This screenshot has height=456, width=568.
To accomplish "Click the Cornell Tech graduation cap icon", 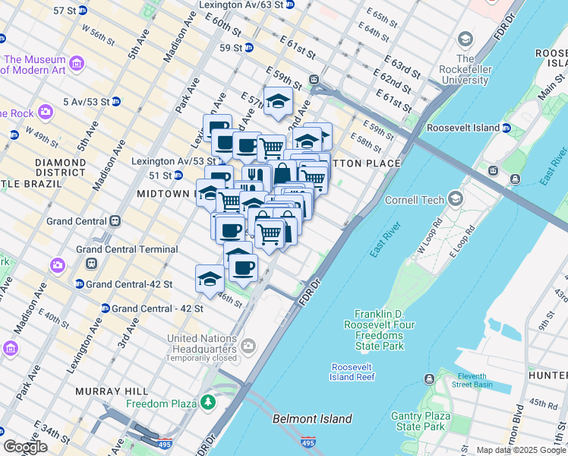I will point(456,199).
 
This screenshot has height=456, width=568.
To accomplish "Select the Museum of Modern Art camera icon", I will point(76,62).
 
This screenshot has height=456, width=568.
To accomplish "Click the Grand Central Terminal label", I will point(127,249).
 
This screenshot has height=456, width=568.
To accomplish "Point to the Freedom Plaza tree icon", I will point(207,402).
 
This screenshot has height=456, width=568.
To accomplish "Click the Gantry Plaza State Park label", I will point(418,421).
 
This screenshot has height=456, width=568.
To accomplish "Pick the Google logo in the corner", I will point(25,447).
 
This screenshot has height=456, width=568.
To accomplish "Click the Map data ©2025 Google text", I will point(521,450).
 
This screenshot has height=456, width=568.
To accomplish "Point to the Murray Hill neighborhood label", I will point(105,391).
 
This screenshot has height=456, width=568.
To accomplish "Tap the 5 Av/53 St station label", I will point(87,101).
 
